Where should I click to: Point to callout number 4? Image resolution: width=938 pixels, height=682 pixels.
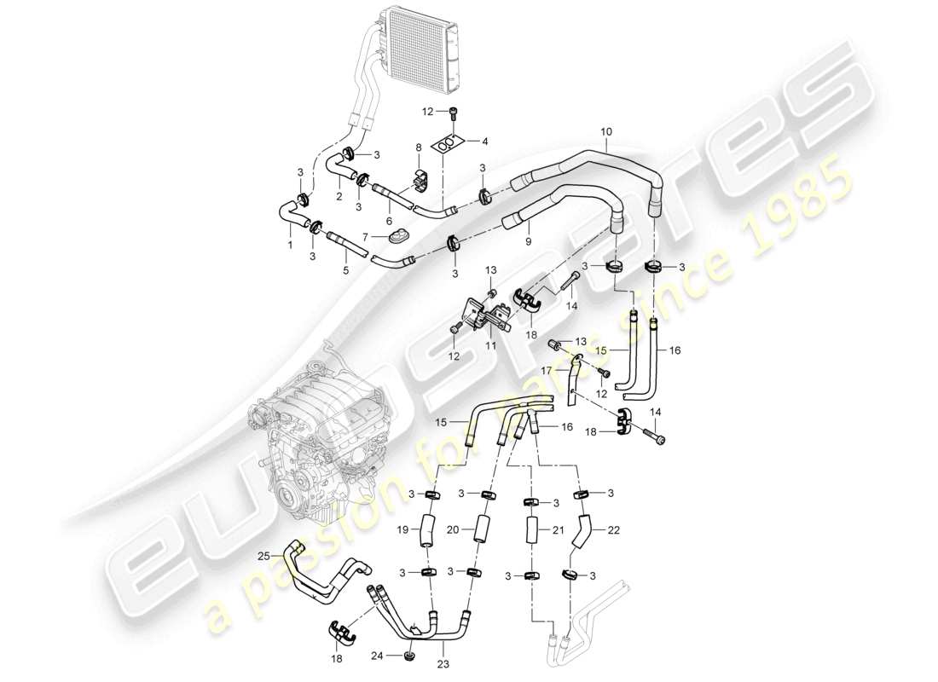tap(484, 141)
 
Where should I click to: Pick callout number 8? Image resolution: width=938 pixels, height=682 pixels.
tap(419, 147)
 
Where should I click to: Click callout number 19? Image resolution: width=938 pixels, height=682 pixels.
tap(402, 529)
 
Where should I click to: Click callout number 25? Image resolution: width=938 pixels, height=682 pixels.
tap(263, 556)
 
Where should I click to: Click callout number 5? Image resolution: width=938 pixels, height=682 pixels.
tap(345, 272)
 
